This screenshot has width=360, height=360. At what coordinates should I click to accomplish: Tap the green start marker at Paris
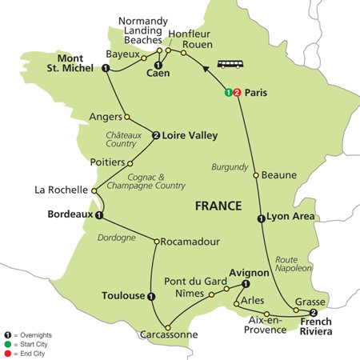coord(229,91)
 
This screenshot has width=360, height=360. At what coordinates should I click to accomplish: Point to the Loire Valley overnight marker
coord(156,135)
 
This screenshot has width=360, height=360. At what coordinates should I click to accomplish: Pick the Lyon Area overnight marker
coord(261,218)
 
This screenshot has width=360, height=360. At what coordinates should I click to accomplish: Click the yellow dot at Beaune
coord(255,175)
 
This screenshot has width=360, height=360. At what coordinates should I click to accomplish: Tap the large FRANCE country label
coord(218,206)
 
